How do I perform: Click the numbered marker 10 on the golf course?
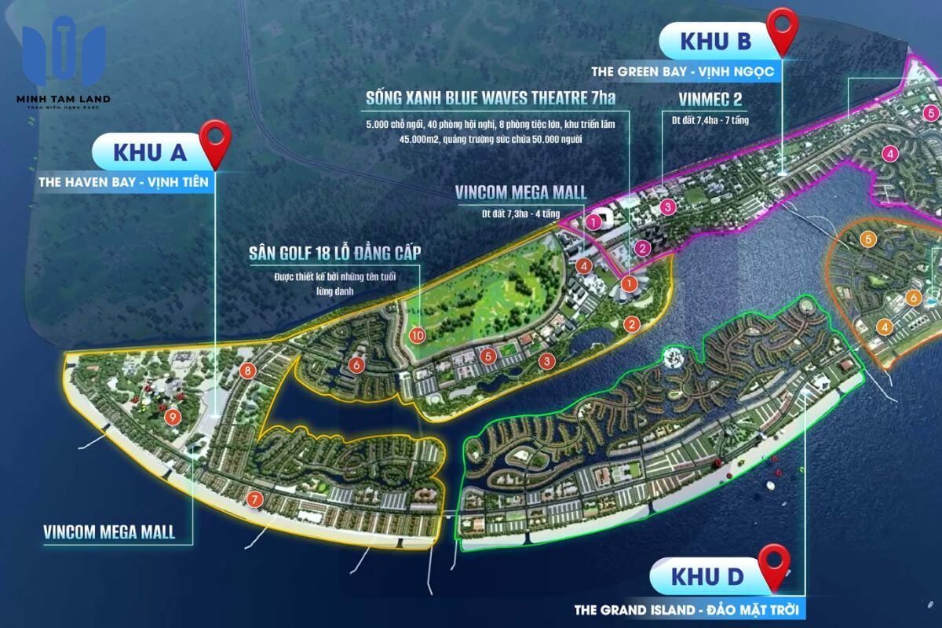tap(417, 334)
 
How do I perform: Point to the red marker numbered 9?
tap(173, 417)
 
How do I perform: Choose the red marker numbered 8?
tap(247, 371)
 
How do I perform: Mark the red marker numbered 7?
tap(254, 498)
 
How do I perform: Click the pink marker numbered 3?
tap(667, 207)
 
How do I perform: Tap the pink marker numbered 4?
tap(889, 154)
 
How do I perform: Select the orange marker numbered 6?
tap(912, 298)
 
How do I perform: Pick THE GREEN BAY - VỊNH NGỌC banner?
tap(684, 71)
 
